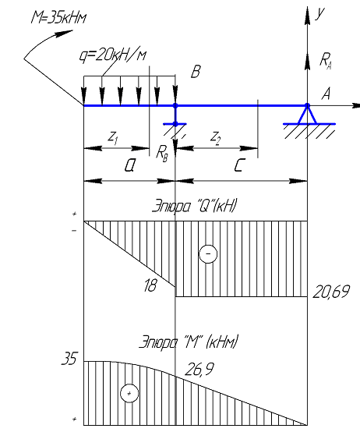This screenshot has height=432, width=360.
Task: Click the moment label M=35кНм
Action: (58, 18)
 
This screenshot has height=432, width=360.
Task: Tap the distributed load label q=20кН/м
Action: (112, 56)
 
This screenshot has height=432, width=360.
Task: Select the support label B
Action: (196, 72)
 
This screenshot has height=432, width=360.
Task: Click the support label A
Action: (326, 94)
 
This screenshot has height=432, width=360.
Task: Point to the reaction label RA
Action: (325, 61)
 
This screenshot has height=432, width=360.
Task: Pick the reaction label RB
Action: (161, 153)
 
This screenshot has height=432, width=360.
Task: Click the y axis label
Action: (319, 13)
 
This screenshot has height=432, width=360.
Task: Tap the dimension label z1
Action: (113, 137)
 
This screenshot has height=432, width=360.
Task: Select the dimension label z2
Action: (215, 137)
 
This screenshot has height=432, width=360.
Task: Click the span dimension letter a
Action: (129, 166)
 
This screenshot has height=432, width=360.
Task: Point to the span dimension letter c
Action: (239, 165)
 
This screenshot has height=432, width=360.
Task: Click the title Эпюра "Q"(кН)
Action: (194, 206)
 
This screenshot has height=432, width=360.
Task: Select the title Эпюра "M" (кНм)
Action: (189, 342)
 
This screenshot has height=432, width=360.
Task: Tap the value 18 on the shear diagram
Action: (150, 285)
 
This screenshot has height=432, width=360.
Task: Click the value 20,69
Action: (331, 292)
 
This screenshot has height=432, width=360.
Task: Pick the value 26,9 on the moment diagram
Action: (199, 369)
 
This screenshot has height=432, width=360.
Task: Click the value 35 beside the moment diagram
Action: (69, 359)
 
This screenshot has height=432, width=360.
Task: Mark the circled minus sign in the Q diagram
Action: (208, 253)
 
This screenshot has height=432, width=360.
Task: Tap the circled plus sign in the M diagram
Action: (129, 393)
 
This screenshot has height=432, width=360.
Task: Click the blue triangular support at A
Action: (307, 115)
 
